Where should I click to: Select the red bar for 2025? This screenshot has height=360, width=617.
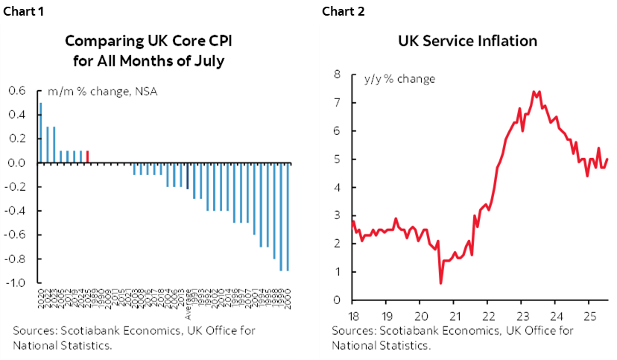pos(88,157)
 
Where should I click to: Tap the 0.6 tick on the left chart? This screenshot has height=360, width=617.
pos(17,91)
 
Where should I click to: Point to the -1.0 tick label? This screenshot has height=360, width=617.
pos(16,283)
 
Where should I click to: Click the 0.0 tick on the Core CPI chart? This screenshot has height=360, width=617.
pos(17,162)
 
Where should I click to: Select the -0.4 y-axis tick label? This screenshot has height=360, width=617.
pos(16,211)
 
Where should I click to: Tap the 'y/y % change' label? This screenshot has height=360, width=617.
pos(399,78)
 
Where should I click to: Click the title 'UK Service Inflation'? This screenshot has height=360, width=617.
pos(468,40)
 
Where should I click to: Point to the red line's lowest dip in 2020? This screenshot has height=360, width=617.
pos(440,282)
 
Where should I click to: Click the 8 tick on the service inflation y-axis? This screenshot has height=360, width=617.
pos(337,75)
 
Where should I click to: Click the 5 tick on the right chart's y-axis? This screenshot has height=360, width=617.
pos(337,159)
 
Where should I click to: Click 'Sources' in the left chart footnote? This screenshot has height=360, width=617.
pos(34,331)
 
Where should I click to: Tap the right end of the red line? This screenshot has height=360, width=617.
pos(608,158)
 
